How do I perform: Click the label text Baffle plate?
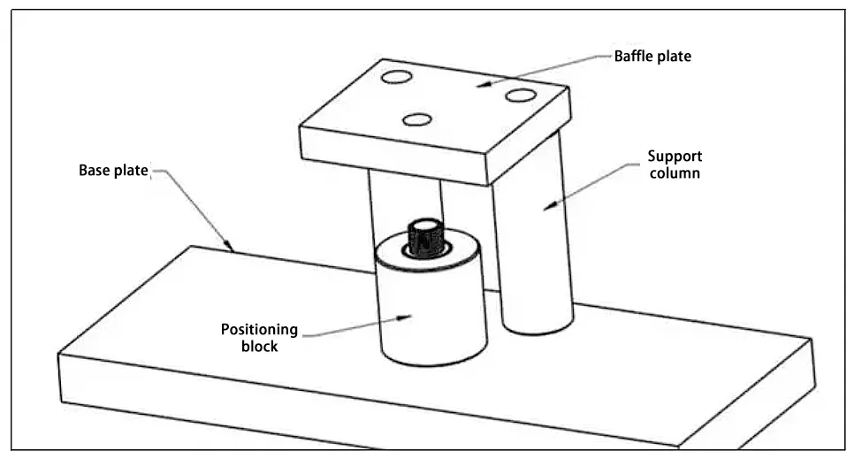click(652, 57)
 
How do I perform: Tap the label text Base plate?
click(114, 170)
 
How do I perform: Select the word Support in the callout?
click(674, 157)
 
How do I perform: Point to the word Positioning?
click(259, 331)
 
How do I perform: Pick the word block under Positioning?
click(260, 347)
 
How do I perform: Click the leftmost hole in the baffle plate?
click(396, 79)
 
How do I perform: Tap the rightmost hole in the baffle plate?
click(520, 95)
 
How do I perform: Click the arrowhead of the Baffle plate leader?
click(477, 85)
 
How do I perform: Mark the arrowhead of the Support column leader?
click(548, 208)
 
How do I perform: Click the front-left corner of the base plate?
click(60, 356)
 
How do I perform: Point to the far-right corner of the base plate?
click(812, 337)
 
